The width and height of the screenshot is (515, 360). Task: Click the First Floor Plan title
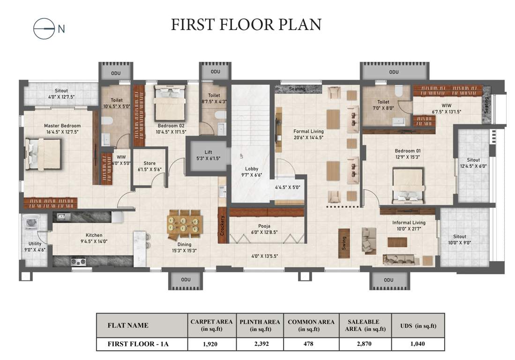246,24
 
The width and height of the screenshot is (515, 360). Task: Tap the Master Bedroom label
62,126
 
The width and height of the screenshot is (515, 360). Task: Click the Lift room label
208,152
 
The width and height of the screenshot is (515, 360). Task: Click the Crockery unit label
223,225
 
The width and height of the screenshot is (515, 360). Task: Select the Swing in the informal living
344,242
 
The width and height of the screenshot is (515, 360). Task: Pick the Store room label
149,164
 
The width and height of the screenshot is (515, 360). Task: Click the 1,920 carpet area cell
212,344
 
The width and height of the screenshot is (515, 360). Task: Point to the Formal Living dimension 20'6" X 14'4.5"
308,138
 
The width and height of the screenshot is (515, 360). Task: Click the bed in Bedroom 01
408,186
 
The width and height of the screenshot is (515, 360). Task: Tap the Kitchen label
94,235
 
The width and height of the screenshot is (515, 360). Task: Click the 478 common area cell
311,344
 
